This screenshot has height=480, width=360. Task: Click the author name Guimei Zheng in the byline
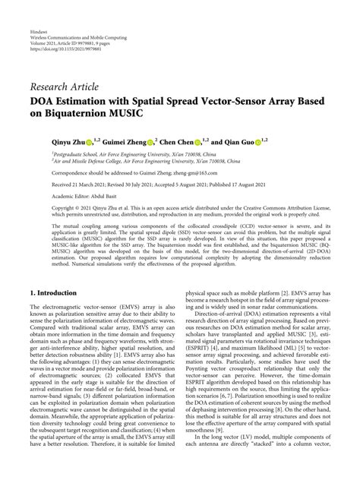[x=125, y=141]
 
